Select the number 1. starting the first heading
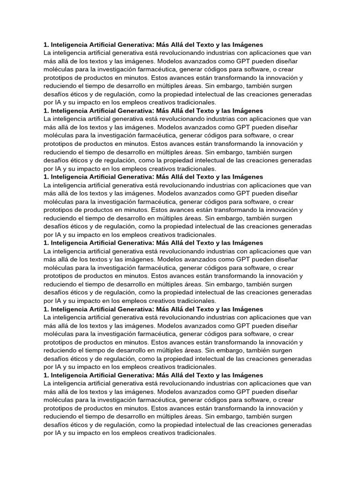46,45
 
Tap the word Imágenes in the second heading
245,111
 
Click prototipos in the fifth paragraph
59,342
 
